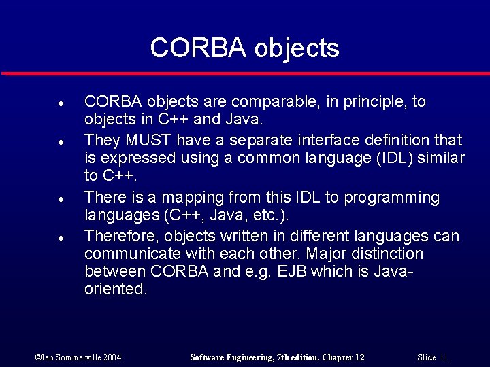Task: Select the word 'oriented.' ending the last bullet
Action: [115, 289]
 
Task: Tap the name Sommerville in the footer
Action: [78, 357]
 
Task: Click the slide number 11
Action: [444, 357]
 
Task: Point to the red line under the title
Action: [245, 73]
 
